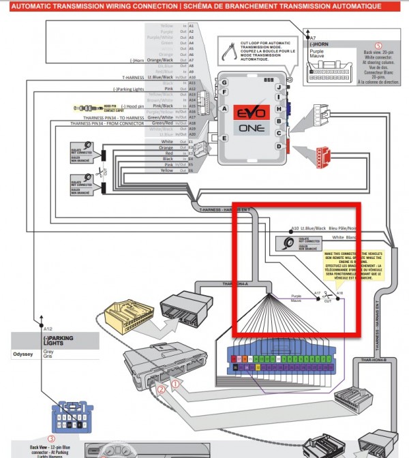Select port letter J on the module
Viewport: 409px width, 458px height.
point(278,87)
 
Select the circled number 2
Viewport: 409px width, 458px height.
point(161,390)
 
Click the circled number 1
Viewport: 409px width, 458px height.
point(175,384)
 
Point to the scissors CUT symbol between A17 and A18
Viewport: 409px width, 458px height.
point(329,296)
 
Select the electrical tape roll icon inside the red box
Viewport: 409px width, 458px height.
point(282,241)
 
